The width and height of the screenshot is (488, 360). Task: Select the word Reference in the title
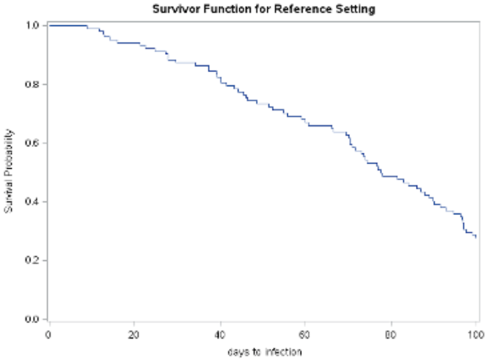pos(284,9)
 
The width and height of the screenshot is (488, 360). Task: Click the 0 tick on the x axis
pos(49,333)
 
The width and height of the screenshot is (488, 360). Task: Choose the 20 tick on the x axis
pos(134,333)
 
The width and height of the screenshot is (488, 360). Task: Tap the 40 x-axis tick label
pos(220,333)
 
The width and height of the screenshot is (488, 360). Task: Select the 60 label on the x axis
pos(305,333)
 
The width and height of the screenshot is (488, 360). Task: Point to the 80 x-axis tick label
pos(391,333)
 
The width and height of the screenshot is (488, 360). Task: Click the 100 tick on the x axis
pos(476,333)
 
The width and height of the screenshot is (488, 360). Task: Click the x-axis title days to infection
pos(262,351)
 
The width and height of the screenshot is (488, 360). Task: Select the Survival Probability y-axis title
pos(10,172)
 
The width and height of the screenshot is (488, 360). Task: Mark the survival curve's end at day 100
pos(476,237)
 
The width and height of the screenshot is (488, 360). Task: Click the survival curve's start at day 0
pos(50,25)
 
